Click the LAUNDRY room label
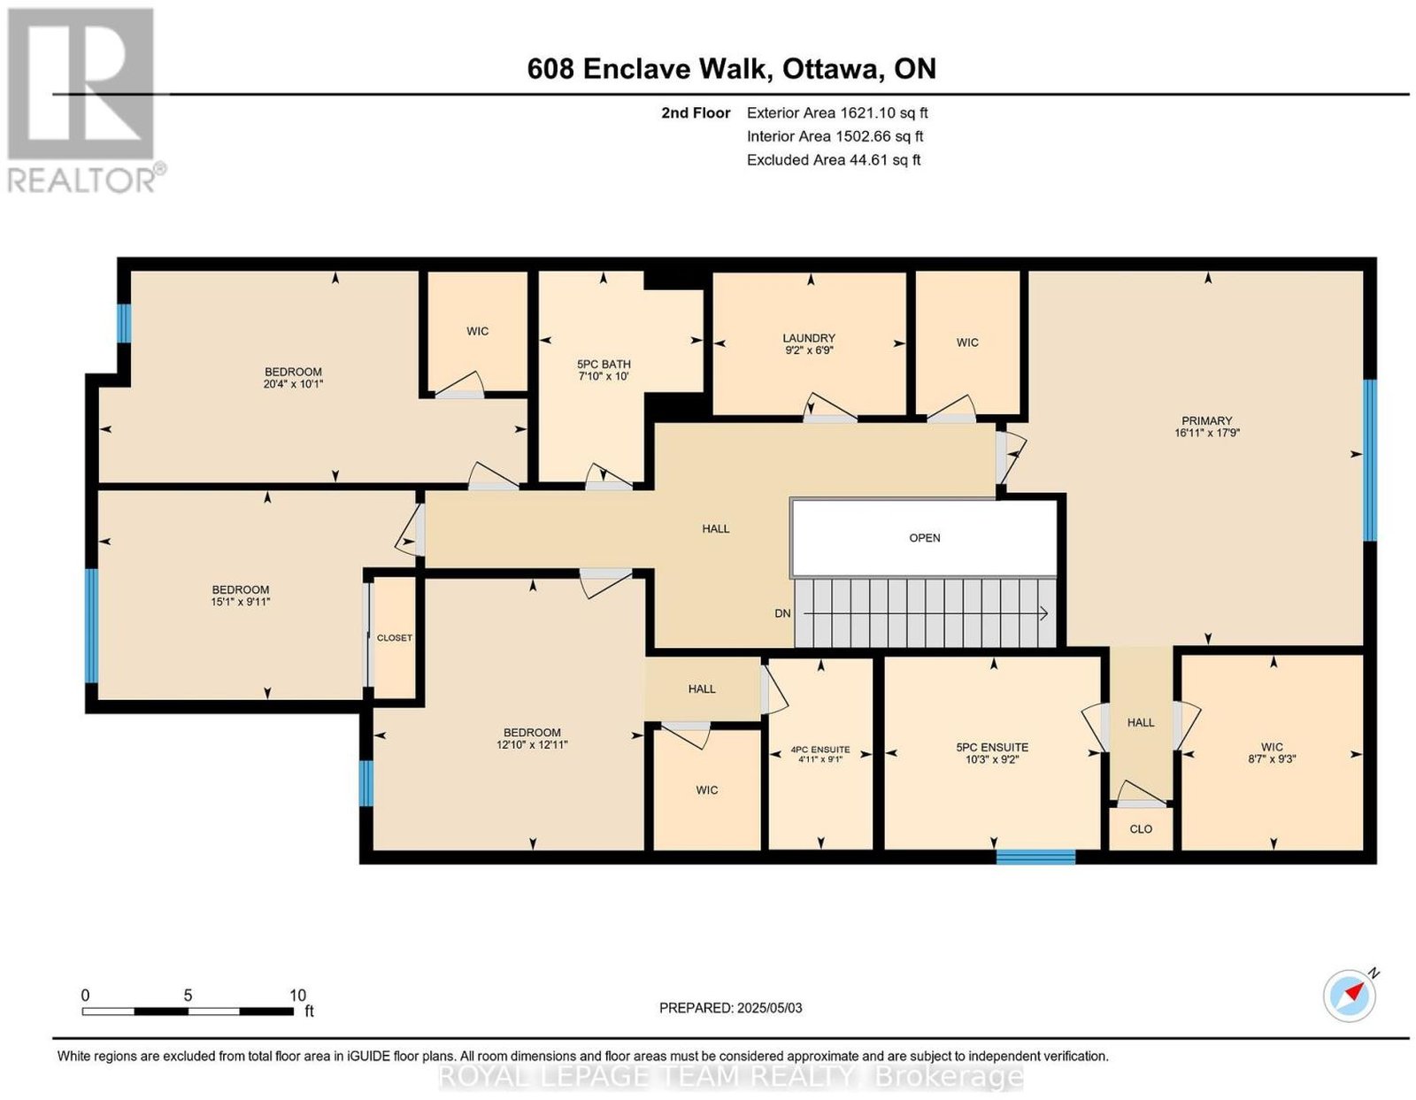click(808, 338)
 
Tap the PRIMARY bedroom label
click(1207, 420)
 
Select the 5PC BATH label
click(604, 364)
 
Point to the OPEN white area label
click(924, 538)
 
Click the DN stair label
click(782, 613)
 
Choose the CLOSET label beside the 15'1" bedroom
click(394, 637)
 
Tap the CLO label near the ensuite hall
click(1141, 829)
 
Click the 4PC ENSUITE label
click(820, 750)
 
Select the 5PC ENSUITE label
click(992, 748)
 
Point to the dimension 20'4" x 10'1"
click(293, 384)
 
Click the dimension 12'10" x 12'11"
click(532, 744)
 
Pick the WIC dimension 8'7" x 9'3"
click(1272, 758)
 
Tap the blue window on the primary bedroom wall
click(1370, 460)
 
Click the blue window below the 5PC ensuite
click(1035, 857)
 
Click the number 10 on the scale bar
click(297, 996)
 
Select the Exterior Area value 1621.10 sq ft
click(883, 112)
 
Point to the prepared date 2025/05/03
click(769, 1008)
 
